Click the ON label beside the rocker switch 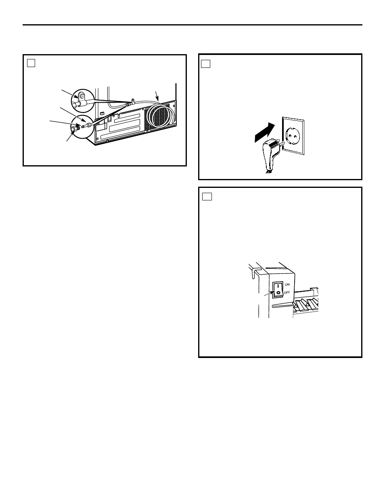point(287,284)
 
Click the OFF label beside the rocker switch point(287,293)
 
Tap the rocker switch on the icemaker point(278,290)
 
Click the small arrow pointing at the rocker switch point(269,293)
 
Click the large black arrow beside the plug point(265,132)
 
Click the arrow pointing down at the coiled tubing point(157,96)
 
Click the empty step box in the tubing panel point(31,63)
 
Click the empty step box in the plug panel point(205,64)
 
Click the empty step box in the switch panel point(207,196)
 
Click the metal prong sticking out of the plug point(282,143)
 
